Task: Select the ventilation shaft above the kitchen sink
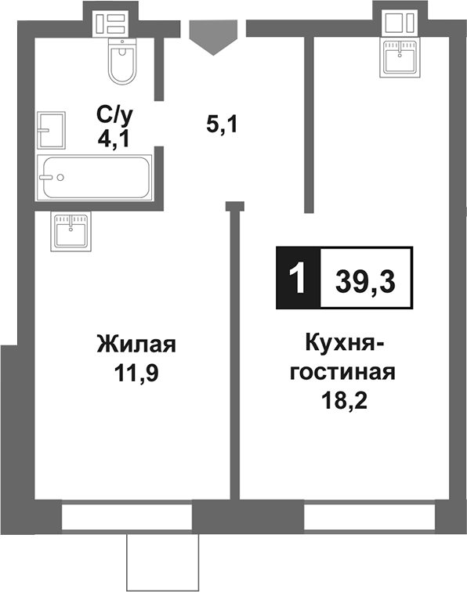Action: (x=403, y=23)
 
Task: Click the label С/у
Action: (x=115, y=116)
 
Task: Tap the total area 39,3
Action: (x=365, y=280)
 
